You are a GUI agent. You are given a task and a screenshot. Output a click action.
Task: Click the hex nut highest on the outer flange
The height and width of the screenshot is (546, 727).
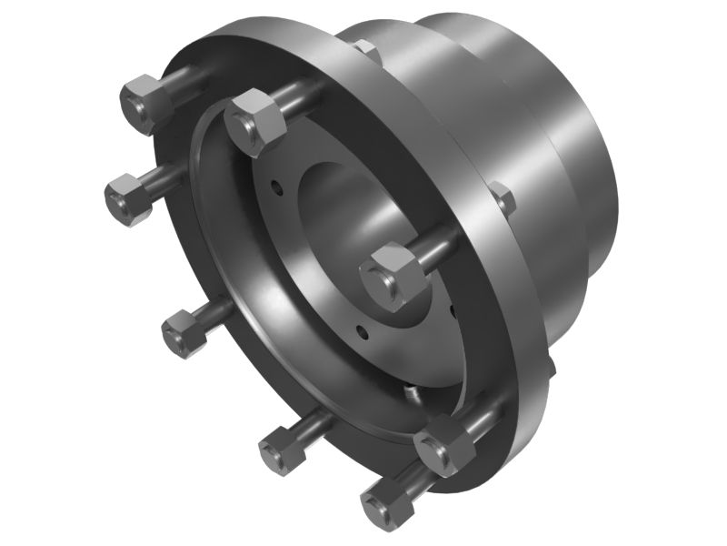146,101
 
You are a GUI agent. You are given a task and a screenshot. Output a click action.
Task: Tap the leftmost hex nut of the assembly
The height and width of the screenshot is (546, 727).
128,199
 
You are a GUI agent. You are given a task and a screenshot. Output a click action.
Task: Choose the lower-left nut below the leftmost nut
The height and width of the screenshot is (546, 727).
186,332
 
